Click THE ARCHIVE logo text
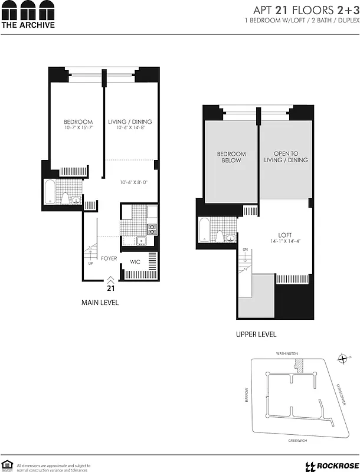[x=28, y=25]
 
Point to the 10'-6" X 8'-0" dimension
[x=133, y=182]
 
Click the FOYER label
[x=109, y=258]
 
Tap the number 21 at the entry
[x=110, y=289]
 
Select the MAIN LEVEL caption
[x=100, y=303]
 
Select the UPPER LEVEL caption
[x=256, y=335]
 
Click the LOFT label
[x=285, y=235]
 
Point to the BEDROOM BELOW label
[x=231, y=157]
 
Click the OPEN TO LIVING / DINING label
[x=286, y=157]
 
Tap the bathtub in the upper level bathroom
[x=204, y=230]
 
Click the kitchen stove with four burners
[x=152, y=227]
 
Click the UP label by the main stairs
[x=90, y=263]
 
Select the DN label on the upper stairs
[x=245, y=250]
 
